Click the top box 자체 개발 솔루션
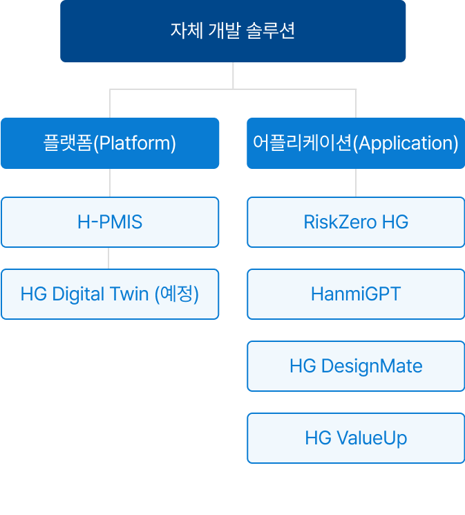point(233,31)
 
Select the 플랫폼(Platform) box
point(110,143)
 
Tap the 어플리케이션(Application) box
point(356,143)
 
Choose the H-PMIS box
point(110,222)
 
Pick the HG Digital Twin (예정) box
point(110,294)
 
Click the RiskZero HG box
point(356,222)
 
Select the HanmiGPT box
point(356,294)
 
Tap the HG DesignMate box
point(356,366)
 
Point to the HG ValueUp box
point(356,438)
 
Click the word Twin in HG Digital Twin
point(129,293)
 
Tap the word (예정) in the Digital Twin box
point(177,294)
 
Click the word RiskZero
point(340,222)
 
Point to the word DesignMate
point(372,366)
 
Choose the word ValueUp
point(372,438)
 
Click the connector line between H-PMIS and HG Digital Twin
point(108,258)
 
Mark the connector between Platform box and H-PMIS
point(110,183)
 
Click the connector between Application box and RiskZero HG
point(356,183)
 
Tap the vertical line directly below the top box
point(233,75)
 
